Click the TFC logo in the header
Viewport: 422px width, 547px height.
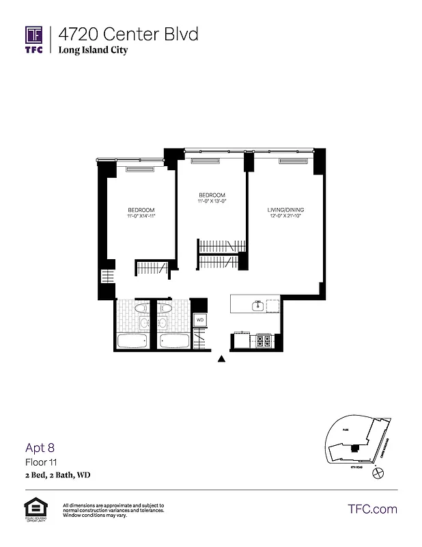(x=34, y=40)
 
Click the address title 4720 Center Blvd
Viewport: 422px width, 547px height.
(x=128, y=34)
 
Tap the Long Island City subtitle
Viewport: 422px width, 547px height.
(x=93, y=50)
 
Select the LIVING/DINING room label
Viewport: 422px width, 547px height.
(x=285, y=210)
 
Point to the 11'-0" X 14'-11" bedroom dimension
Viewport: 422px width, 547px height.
(x=141, y=217)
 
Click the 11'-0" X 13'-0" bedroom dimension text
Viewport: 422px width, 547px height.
(x=210, y=202)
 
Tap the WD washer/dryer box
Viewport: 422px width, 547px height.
(x=200, y=319)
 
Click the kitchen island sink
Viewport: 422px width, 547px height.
(x=258, y=306)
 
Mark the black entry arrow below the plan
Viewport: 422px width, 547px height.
(x=221, y=358)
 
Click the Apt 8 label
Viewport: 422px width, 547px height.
(x=40, y=449)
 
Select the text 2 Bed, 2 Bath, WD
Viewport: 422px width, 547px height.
(x=58, y=475)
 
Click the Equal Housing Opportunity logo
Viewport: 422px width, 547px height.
(x=34, y=510)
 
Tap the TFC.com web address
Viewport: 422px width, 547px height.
(x=372, y=509)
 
